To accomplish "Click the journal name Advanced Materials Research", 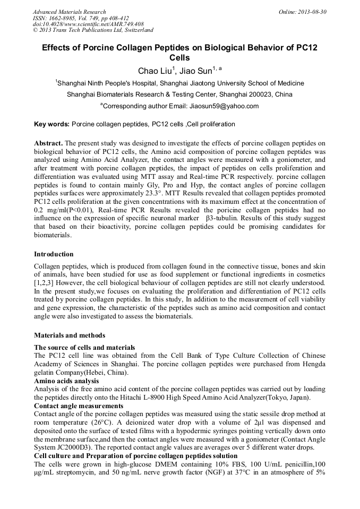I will [69, 12].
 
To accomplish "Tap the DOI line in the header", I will [88, 24].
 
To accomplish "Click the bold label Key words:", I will [52, 124].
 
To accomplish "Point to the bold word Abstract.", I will [48, 143].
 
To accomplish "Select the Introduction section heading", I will [54, 254].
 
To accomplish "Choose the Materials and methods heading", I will [70, 335].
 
